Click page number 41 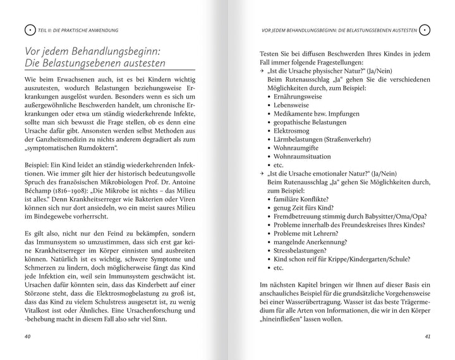[x=427, y=337]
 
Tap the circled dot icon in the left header [x=28, y=30]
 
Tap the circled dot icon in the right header [x=425, y=30]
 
